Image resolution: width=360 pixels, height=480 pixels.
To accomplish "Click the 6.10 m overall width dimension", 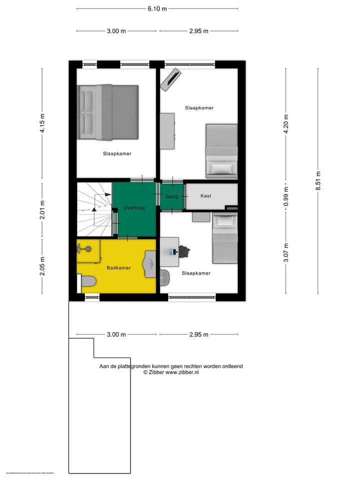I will (157, 8).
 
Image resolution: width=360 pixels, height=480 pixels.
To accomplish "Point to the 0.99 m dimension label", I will (286, 195).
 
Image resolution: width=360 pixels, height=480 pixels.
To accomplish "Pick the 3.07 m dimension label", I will (286, 252).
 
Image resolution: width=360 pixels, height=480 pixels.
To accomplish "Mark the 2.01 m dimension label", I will (42, 209).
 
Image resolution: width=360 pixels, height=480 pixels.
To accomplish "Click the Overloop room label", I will (134, 207).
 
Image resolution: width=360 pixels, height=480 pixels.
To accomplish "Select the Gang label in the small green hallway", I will (171, 196).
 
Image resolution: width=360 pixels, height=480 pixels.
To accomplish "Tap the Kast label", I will (205, 196).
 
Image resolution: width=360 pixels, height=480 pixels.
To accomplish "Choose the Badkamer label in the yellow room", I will (118, 268).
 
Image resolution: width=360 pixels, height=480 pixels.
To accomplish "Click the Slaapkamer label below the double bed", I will (117, 153).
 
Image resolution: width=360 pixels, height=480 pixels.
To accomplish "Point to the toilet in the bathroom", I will (88, 281).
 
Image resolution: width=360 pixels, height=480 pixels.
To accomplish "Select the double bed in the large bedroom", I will (107, 112).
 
